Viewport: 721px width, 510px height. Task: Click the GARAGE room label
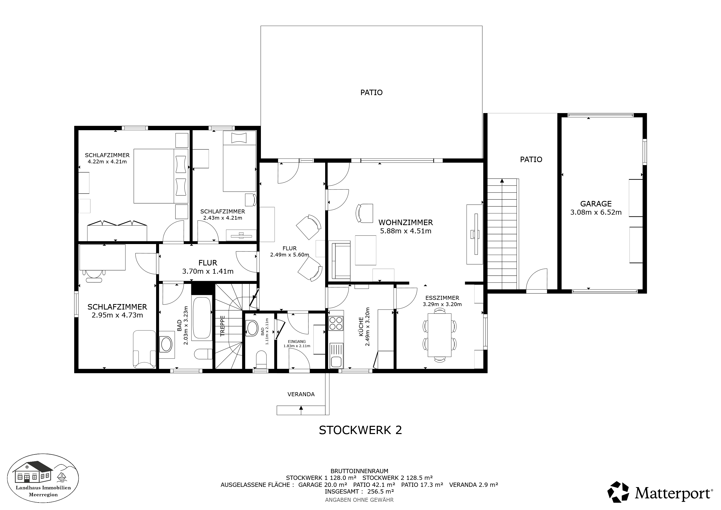click(x=596, y=204)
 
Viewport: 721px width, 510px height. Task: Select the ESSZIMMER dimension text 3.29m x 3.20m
click(x=442, y=304)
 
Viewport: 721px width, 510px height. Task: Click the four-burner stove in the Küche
click(x=335, y=323)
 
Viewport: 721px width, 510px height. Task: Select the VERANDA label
click(x=301, y=394)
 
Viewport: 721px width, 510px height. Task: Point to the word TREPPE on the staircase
click(x=223, y=326)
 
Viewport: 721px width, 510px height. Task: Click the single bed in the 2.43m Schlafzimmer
click(x=239, y=161)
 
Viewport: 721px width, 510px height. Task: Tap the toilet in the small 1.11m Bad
click(x=261, y=360)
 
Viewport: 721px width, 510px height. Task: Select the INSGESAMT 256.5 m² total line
click(x=359, y=492)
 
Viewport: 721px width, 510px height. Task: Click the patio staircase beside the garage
click(x=502, y=234)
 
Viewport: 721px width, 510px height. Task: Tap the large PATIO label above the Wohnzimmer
click(x=371, y=93)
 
